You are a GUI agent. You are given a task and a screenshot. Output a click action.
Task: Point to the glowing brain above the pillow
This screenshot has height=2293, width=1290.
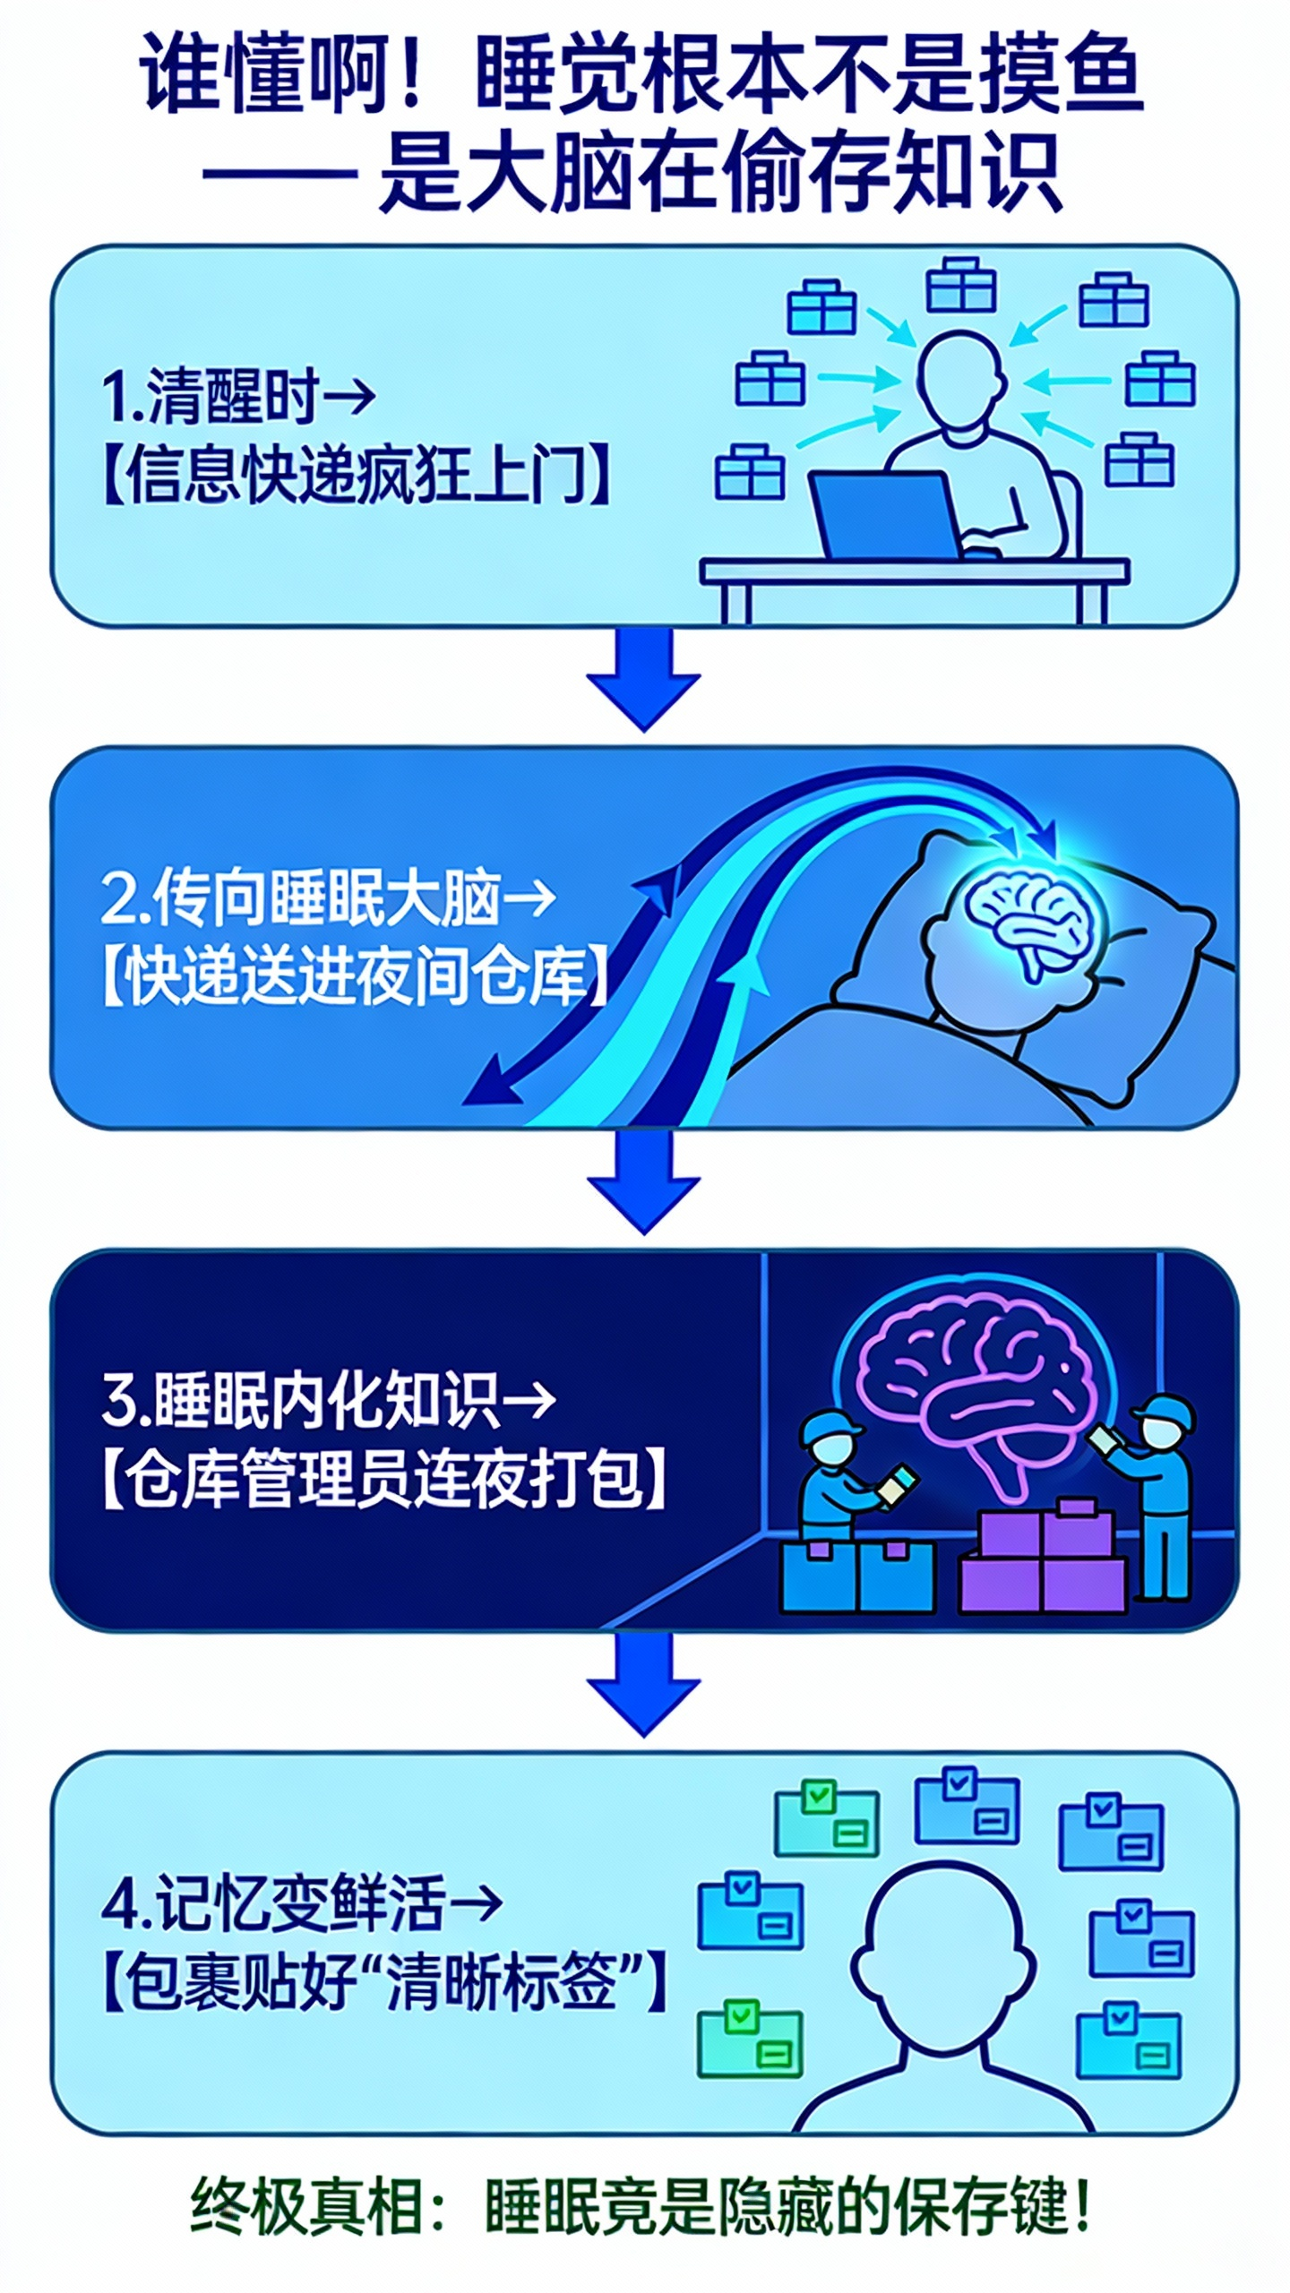click(x=1030, y=923)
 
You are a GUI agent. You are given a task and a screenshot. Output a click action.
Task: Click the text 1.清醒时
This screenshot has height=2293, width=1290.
click(x=210, y=396)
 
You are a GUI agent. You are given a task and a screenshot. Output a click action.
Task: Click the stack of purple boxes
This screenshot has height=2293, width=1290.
click(x=1044, y=1559)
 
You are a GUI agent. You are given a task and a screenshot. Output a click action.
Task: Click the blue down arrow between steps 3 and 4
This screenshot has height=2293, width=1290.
click(x=643, y=1684)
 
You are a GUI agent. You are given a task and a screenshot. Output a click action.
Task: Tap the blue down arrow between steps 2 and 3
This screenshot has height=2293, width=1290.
click(x=643, y=1181)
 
